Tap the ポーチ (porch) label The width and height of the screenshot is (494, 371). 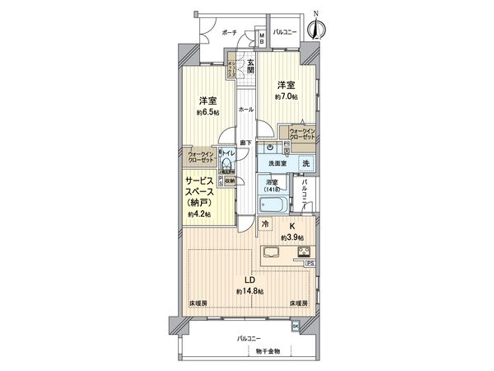(x=229, y=32)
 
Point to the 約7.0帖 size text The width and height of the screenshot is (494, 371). (x=286, y=98)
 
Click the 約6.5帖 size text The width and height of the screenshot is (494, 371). (x=206, y=113)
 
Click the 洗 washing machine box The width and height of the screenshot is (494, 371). (x=305, y=163)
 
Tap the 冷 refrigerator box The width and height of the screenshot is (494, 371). (x=265, y=223)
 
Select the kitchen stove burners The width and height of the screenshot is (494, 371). (x=302, y=252)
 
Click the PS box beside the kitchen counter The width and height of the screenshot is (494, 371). (x=310, y=263)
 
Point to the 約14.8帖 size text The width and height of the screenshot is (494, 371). (x=249, y=290)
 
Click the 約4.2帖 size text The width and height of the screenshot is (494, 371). (x=198, y=214)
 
